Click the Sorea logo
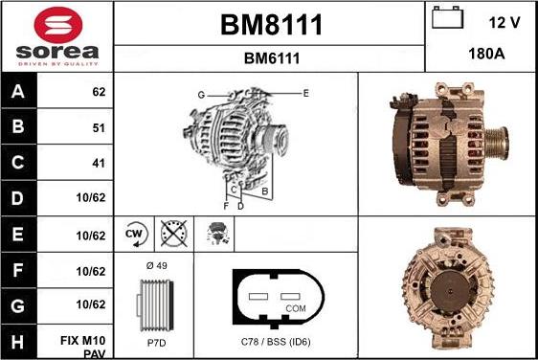(56, 36)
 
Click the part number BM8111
(271, 24)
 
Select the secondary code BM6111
(271, 58)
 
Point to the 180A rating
(486, 55)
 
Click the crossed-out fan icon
(173, 234)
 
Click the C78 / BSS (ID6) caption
(276, 342)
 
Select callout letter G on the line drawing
(202, 94)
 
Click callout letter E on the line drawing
(305, 93)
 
